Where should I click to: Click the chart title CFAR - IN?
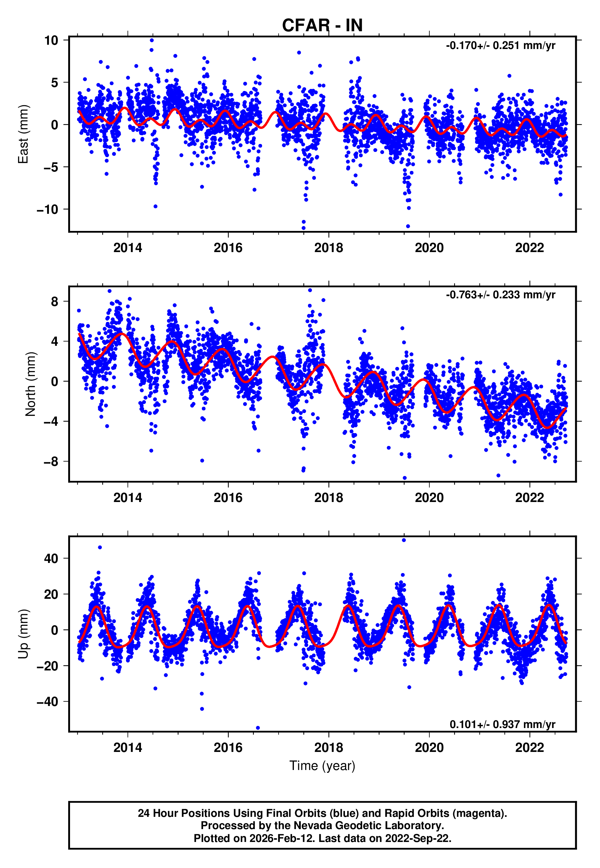(322, 26)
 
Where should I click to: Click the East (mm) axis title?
(23, 134)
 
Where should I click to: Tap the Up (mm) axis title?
(23, 634)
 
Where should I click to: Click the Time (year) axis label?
(322, 766)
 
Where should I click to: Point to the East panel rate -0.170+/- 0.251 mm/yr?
(500, 46)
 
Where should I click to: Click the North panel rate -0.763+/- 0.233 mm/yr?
(500, 295)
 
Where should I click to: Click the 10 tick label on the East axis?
(51, 40)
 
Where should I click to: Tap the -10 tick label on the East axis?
(47, 210)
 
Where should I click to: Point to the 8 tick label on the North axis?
(55, 301)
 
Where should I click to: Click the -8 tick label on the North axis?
(51, 462)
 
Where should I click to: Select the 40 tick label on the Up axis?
(51, 558)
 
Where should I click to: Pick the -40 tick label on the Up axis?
(47, 702)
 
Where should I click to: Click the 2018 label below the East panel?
(328, 248)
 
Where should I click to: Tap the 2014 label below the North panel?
(128, 498)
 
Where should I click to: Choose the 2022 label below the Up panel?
(529, 748)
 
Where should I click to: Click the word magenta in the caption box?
(477, 813)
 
